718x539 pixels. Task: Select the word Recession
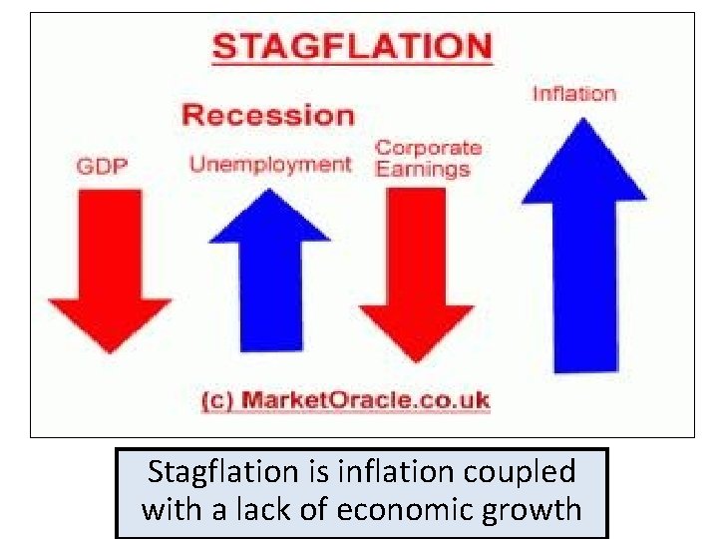267,115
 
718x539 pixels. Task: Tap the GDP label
102,166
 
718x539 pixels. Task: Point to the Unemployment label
270,165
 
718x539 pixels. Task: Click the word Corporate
428,148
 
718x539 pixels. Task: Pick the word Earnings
422,169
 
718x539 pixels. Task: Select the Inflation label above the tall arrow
573,94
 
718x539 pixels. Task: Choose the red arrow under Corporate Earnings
416,274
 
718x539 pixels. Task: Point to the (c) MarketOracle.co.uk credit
345,401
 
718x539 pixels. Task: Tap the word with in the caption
173,509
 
